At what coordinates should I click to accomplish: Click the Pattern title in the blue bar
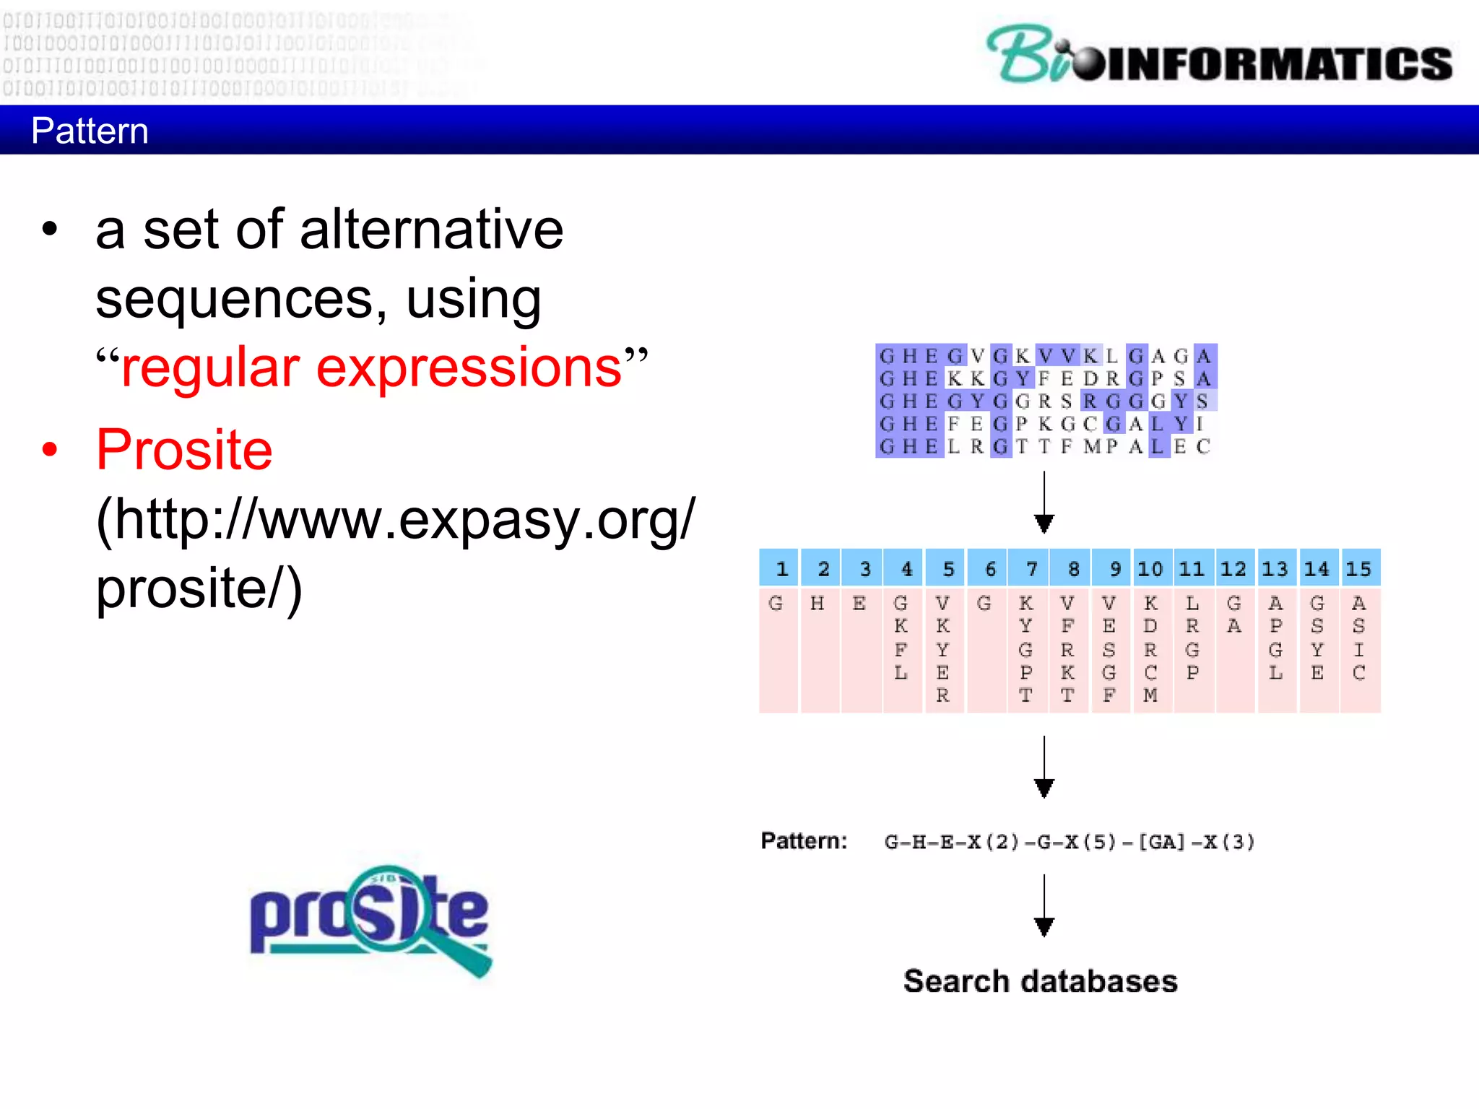[90, 131]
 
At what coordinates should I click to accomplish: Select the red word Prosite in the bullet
[184, 450]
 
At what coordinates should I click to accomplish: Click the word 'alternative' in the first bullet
[431, 230]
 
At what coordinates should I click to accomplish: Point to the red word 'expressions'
[469, 368]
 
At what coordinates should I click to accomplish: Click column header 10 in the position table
[1150, 569]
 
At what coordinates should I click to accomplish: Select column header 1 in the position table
[781, 569]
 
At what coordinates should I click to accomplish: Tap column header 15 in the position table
[1358, 569]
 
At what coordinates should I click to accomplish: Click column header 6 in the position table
[990, 569]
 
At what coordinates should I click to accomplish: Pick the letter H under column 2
[817, 603]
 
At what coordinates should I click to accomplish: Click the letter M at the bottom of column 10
[1150, 695]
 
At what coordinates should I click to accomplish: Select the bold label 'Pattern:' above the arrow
[803, 841]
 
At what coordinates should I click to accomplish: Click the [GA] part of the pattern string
[1161, 842]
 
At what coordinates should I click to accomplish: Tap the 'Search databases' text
[1040, 981]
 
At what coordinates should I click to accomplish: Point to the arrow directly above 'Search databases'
[1044, 905]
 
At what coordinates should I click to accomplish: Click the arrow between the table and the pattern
[1044, 767]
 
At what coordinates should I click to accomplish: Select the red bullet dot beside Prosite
[49, 449]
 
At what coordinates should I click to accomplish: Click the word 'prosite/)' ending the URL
[199, 588]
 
